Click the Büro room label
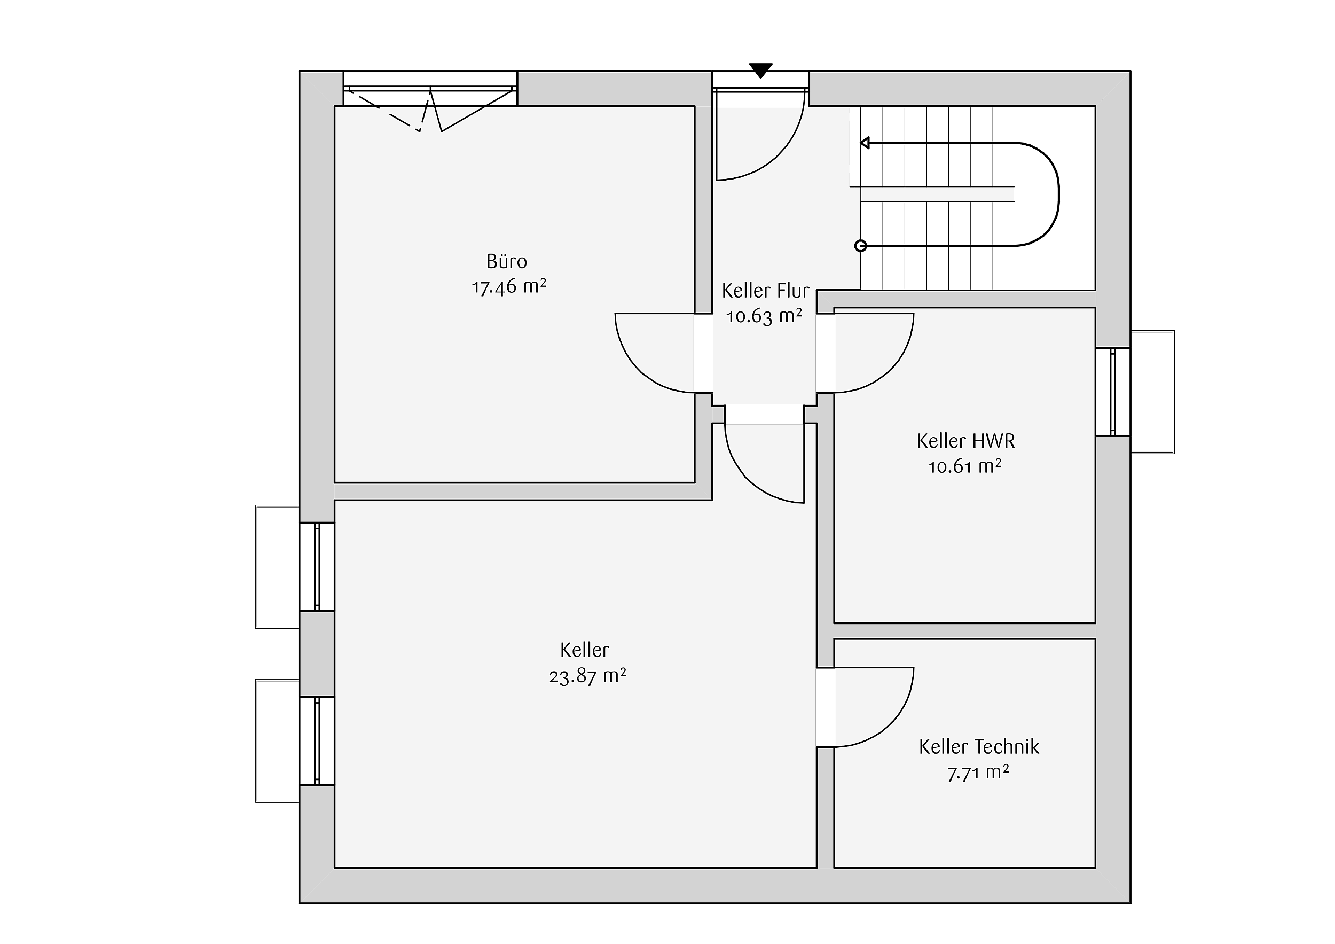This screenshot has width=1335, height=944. pos(506,261)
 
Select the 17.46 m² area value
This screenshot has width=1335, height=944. pos(509,287)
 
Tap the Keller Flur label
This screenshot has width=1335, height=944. pos(765,290)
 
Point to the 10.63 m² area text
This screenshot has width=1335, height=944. pos(764,316)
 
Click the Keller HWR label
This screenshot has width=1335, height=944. pos(966,441)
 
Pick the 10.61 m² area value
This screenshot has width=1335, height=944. pos(964,466)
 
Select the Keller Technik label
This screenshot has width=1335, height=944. pos(979,747)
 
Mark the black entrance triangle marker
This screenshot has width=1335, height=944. pos(760,70)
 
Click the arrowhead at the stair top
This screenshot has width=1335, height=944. pos(865,143)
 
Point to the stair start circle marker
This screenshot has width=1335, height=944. pos(860,246)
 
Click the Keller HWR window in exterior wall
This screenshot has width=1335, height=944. pos(1113,392)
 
